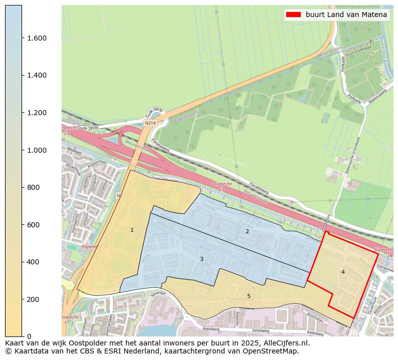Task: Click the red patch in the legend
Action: click(x=293, y=15)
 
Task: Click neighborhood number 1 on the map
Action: click(x=132, y=230)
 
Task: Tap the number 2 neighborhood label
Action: click(x=247, y=231)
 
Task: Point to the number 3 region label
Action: click(x=202, y=259)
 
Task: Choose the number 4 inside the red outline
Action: click(x=343, y=272)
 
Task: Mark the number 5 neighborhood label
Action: click(x=249, y=296)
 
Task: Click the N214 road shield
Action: click(x=149, y=123)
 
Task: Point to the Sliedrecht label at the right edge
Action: click(x=385, y=252)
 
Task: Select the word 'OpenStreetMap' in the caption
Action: click(x=274, y=351)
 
